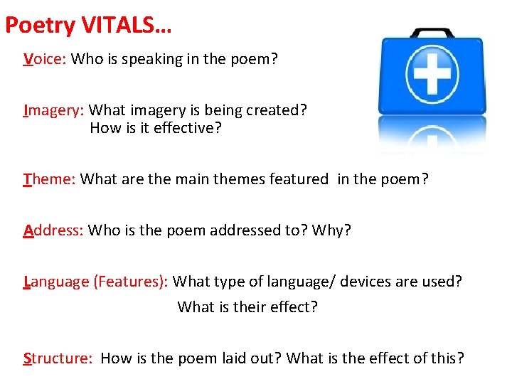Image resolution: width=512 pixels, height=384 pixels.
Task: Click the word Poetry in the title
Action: pyautogui.click(x=40, y=26)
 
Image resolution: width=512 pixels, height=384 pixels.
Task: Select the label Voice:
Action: pyautogui.click(x=45, y=59)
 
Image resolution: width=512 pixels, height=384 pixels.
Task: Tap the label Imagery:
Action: pyautogui.click(x=54, y=110)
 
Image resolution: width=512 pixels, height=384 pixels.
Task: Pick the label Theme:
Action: pyautogui.click(x=49, y=179)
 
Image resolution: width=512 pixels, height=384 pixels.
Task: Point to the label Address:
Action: pyautogui.click(x=54, y=230)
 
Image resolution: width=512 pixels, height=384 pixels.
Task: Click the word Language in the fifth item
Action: pyautogui.click(x=56, y=282)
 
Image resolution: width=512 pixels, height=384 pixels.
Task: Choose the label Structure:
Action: pyautogui.click(x=58, y=358)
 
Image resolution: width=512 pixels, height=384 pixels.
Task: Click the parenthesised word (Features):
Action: pyautogui.click(x=131, y=282)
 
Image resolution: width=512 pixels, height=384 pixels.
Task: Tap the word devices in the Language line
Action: pyautogui.click(x=365, y=282)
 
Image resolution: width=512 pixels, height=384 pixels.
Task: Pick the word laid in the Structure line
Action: pyautogui.click(x=243, y=358)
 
